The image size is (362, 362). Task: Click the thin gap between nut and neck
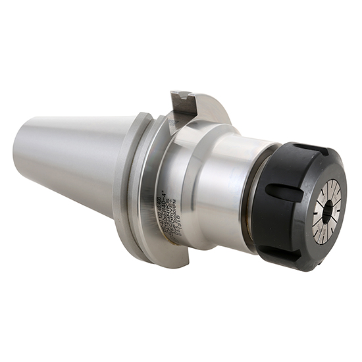pyautogui.click(x=253, y=197)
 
